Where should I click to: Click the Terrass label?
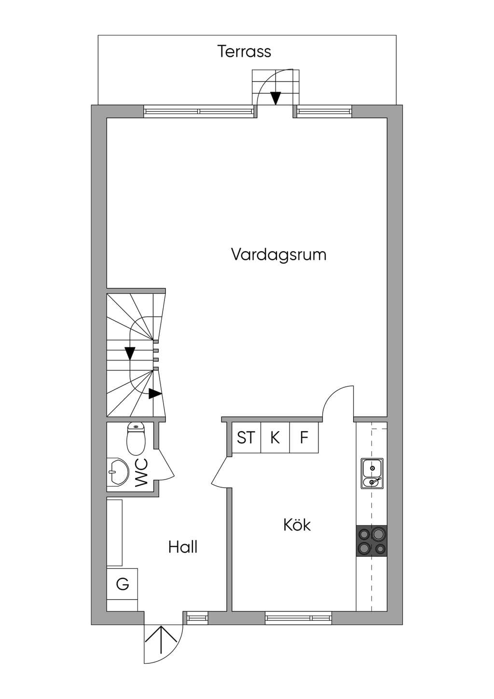click(x=245, y=52)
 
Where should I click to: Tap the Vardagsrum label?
click(x=279, y=254)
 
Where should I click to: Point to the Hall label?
click(x=183, y=547)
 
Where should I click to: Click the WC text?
click(x=142, y=473)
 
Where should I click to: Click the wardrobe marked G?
click(x=123, y=584)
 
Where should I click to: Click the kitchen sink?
click(x=372, y=473)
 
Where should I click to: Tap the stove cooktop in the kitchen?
click(x=371, y=541)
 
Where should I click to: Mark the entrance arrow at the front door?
click(x=161, y=640)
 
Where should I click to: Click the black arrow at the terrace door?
click(x=275, y=98)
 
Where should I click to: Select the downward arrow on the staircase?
click(x=130, y=353)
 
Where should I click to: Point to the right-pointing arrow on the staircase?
click(x=155, y=394)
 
